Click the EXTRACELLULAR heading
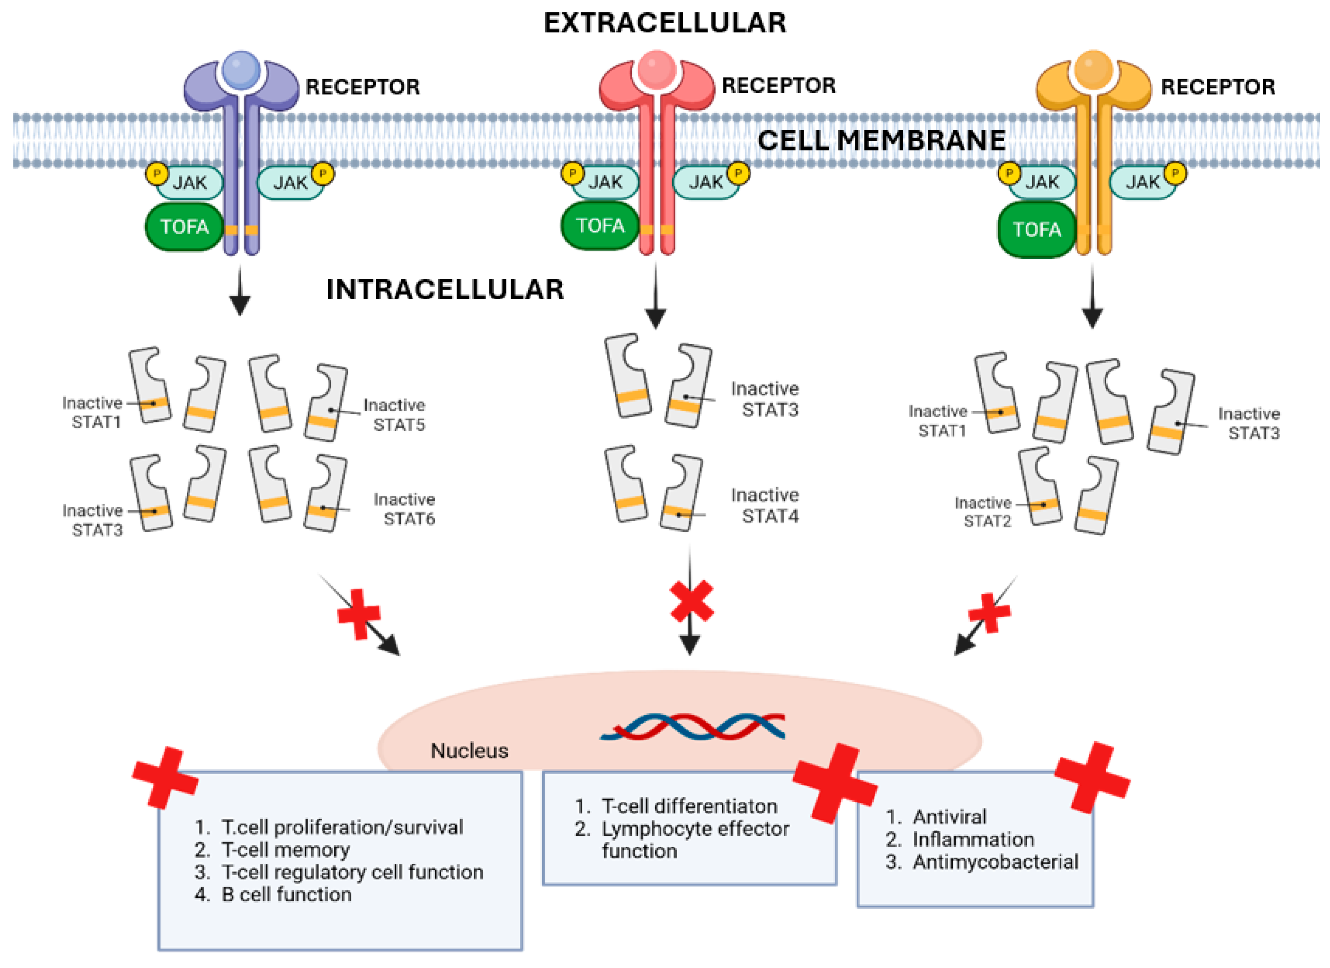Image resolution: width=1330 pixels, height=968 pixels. [665, 24]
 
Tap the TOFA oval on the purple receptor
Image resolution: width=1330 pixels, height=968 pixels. [184, 227]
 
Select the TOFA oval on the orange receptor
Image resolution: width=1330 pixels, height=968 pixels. [1037, 230]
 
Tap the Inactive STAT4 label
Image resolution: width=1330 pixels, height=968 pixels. [765, 505]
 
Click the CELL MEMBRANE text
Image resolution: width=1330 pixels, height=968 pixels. [881, 141]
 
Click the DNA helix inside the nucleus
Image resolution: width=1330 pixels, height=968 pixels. [692, 726]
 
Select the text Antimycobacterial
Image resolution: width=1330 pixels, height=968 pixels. [995, 862]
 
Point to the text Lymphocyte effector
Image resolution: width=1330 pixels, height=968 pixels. [695, 828]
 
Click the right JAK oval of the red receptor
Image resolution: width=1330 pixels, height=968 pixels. [706, 182]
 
